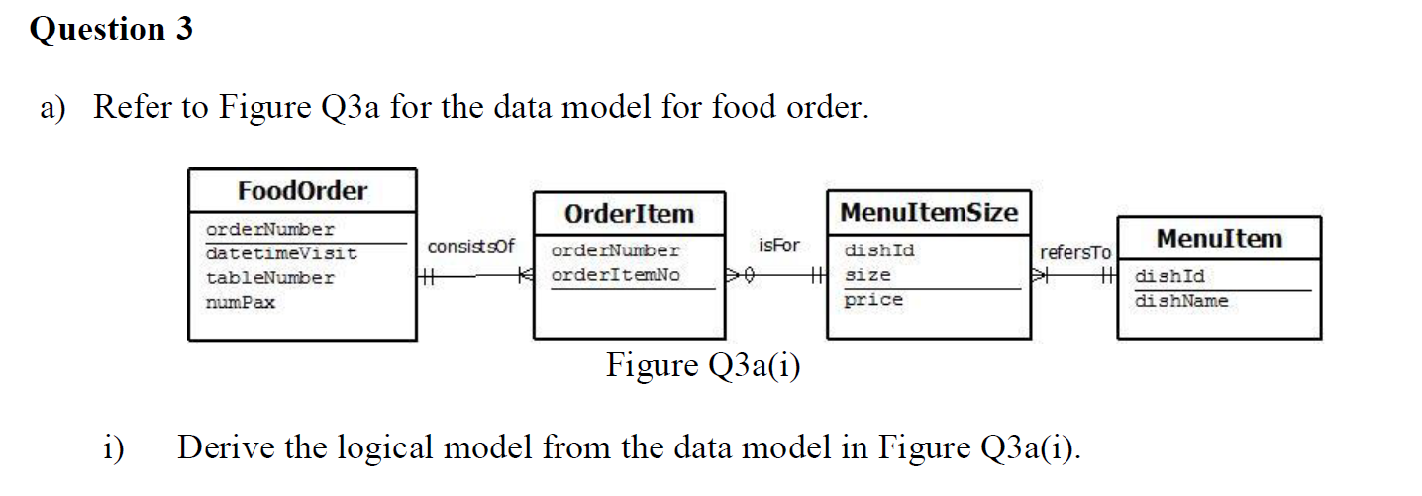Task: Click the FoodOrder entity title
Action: pyautogui.click(x=302, y=191)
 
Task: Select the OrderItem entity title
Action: pyautogui.click(x=629, y=214)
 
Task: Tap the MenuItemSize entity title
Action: pyautogui.click(x=928, y=212)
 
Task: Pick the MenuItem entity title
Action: pyautogui.click(x=1218, y=239)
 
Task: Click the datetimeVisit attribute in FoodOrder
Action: pyautogui.click(x=281, y=254)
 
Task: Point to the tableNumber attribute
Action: pyautogui.click(x=269, y=278)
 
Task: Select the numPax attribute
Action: pyautogui.click(x=240, y=302)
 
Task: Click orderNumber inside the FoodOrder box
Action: pyautogui.click(x=269, y=230)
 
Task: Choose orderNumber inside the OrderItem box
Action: pyautogui.click(x=615, y=251)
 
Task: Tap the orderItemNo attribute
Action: pyautogui.click(x=615, y=275)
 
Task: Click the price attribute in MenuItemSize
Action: pyautogui.click(x=872, y=299)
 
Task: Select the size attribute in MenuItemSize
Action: pyautogui.click(x=866, y=275)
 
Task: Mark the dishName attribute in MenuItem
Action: pyautogui.click(x=1180, y=301)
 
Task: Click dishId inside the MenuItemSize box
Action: pyautogui.click(x=878, y=251)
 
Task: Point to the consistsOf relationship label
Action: pyautogui.click(x=470, y=246)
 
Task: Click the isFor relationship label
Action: pyautogui.click(x=778, y=245)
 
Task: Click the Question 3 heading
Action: pyautogui.click(x=111, y=30)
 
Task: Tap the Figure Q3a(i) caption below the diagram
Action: pyautogui.click(x=703, y=366)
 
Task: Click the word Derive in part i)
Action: pyautogui.click(x=226, y=448)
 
